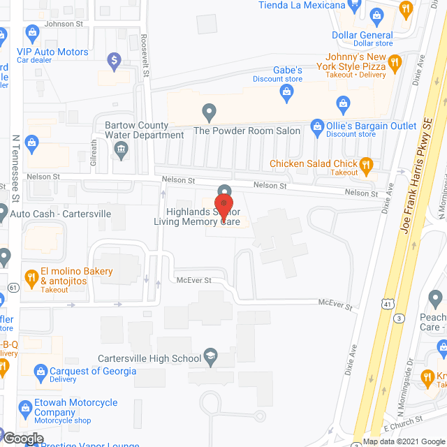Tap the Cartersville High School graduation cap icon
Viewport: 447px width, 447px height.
tap(209, 358)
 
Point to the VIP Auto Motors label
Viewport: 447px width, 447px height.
tap(53, 52)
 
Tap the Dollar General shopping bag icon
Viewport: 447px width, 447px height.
tap(377, 15)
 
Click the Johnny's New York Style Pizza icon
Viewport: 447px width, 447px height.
tap(395, 62)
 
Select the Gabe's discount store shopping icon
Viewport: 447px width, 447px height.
tap(287, 91)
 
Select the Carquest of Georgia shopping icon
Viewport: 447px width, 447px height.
tap(41, 371)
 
